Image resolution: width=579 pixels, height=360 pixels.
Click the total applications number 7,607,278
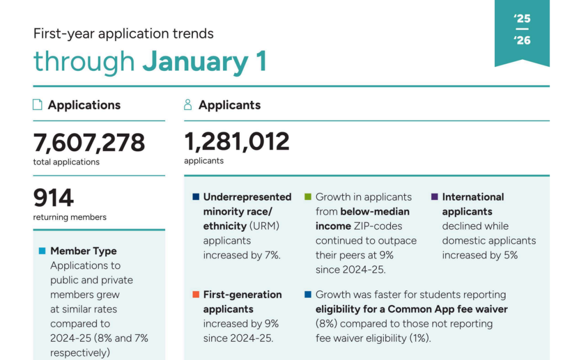(x=89, y=143)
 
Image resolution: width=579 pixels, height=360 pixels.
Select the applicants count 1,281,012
(x=236, y=142)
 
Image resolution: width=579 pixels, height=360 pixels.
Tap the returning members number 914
(x=54, y=198)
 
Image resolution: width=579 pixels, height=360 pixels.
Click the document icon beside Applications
(x=38, y=105)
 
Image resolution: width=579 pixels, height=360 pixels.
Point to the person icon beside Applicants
(x=188, y=105)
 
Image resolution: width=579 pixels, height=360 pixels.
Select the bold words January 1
(x=204, y=62)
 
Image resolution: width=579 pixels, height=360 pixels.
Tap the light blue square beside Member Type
(x=42, y=251)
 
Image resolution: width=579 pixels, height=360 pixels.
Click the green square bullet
(x=308, y=197)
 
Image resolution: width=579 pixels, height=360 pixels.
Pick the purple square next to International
(x=434, y=197)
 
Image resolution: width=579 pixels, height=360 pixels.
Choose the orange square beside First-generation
(x=196, y=295)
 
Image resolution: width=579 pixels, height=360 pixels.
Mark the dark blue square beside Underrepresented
(x=196, y=197)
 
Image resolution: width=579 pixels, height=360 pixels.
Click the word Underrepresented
(x=247, y=197)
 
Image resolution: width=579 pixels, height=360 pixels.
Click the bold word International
(x=473, y=197)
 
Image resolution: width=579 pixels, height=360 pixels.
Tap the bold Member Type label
(x=83, y=251)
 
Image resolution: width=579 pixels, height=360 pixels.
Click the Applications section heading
(x=84, y=105)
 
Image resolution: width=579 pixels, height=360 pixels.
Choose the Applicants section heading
(x=229, y=105)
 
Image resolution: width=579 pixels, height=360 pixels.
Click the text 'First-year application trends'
(x=123, y=33)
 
